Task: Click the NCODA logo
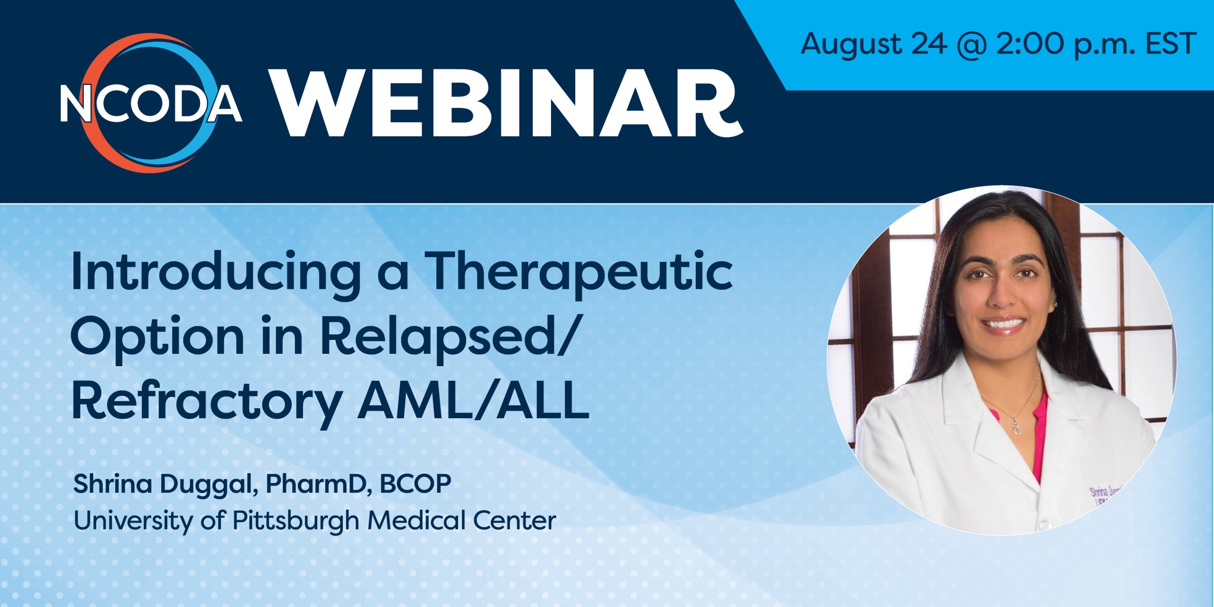click(151, 103)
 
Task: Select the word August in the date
click(851, 44)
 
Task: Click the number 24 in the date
click(929, 44)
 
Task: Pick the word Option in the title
click(157, 338)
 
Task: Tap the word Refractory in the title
click(207, 403)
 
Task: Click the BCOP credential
click(415, 484)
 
